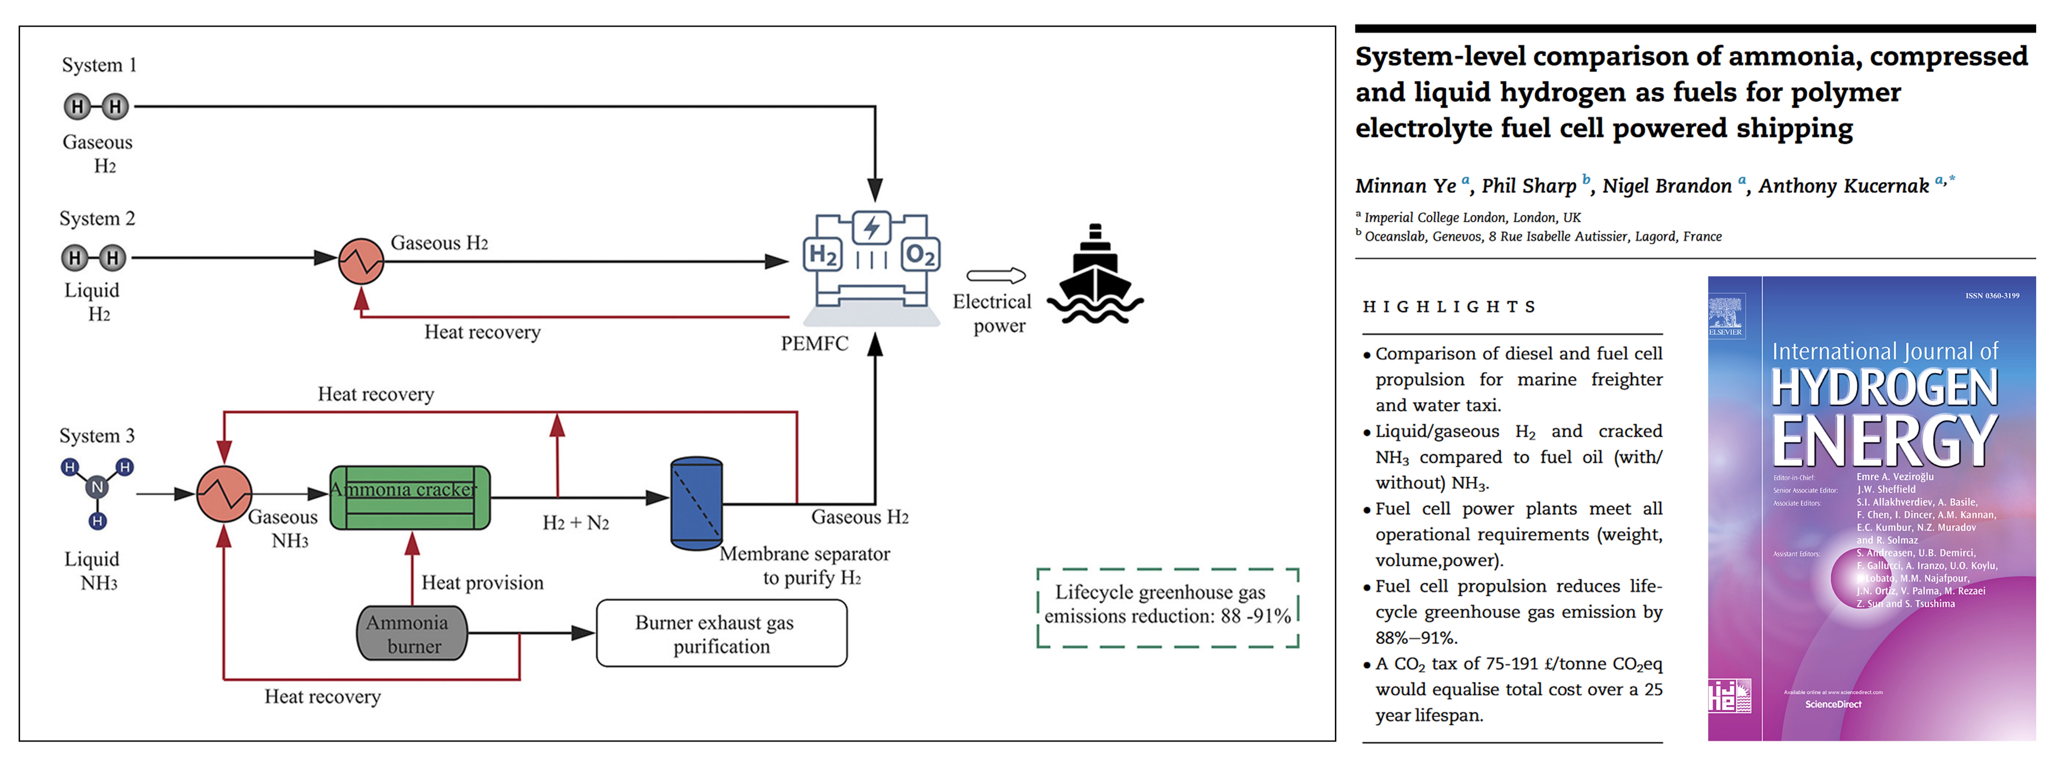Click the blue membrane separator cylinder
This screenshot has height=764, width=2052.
(x=696, y=503)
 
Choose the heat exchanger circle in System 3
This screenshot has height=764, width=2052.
(x=225, y=494)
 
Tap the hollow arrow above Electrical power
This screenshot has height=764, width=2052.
(x=996, y=276)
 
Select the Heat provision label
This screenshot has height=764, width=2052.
(x=482, y=583)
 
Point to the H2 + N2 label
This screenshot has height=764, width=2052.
(x=575, y=523)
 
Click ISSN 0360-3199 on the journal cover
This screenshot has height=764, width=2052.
(x=1991, y=296)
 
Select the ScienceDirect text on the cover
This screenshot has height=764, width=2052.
(x=1833, y=704)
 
